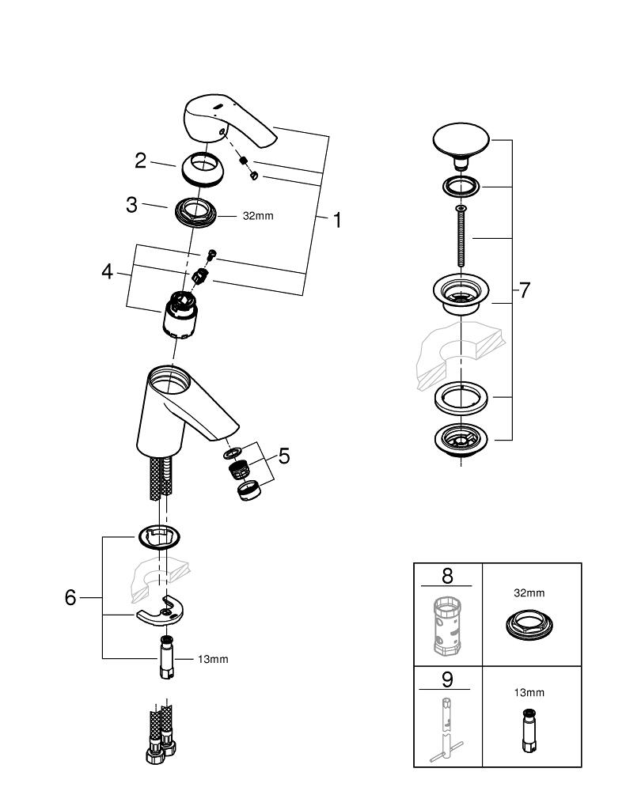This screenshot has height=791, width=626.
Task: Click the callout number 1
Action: (337, 221)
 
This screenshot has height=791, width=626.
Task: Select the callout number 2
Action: (140, 161)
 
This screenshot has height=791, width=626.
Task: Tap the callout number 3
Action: (132, 205)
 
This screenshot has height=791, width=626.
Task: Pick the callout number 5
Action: (283, 456)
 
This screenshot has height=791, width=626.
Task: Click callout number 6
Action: (70, 597)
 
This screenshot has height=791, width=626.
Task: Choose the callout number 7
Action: (523, 290)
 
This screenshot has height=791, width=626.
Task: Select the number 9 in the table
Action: (447, 679)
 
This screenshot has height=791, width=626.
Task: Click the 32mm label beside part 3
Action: (257, 215)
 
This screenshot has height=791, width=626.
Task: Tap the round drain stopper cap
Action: (461, 141)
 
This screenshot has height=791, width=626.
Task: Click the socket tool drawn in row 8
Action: (446, 626)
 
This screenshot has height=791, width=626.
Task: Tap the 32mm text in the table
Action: (530, 592)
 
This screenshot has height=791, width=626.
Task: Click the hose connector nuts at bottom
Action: (159, 748)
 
